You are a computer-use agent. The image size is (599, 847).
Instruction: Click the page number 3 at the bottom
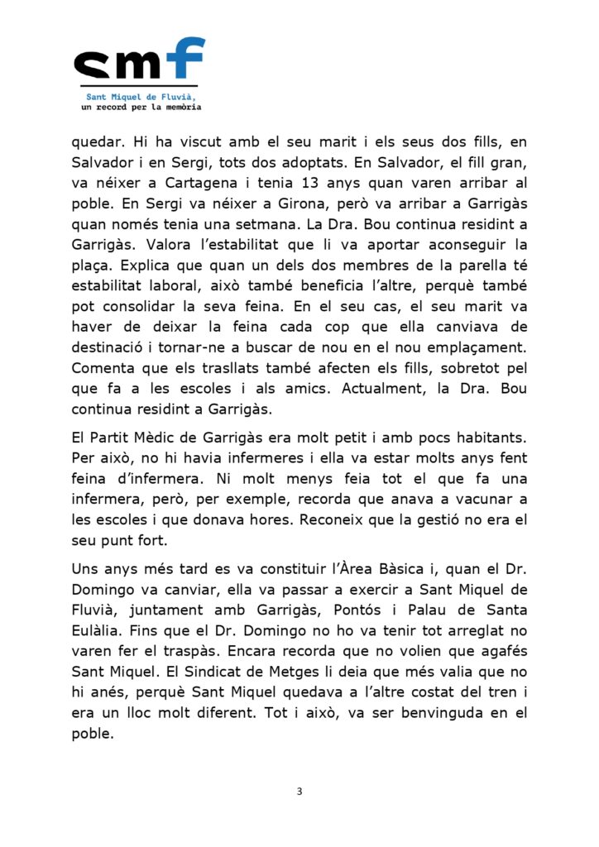click(x=299, y=792)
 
